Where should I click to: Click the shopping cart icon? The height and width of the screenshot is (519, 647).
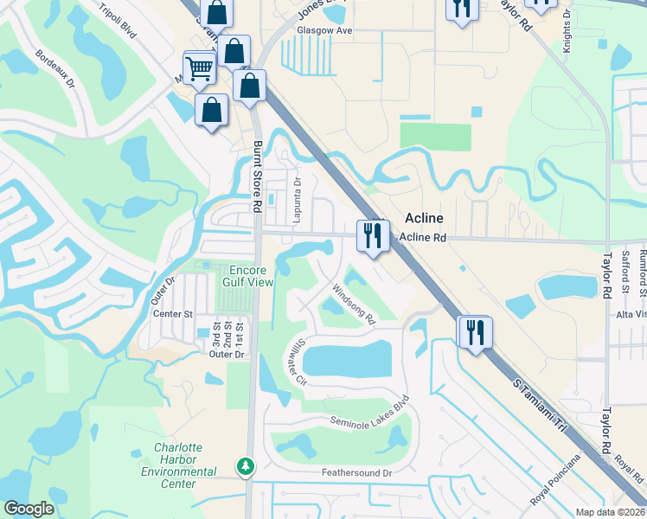tap(199, 67)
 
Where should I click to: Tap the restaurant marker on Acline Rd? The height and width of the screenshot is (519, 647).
tap(374, 234)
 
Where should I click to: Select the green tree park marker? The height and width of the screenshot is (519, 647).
tap(247, 466)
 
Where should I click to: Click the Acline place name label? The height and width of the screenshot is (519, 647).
tap(426, 219)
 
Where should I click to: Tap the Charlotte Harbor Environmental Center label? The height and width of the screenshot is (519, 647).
tap(178, 465)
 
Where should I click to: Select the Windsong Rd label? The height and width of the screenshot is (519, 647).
tap(355, 305)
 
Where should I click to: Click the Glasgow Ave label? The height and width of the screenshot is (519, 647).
tap(325, 30)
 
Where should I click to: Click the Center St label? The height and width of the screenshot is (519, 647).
tap(171, 313)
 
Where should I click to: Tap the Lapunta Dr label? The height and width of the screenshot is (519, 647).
tap(296, 199)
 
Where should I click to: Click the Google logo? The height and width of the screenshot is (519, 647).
tap(29, 509)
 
